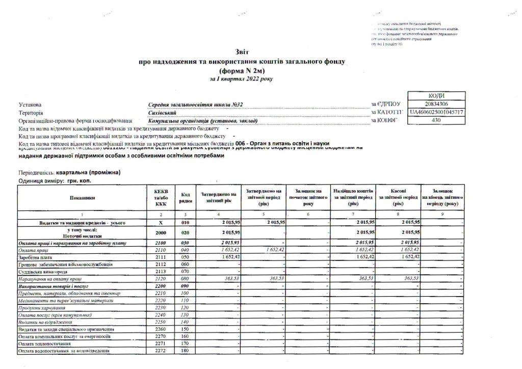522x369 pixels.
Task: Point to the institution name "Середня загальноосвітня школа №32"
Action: [196, 104]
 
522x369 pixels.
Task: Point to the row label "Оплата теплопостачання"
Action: [46, 345]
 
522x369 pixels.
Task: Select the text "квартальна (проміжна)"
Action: [90, 173]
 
